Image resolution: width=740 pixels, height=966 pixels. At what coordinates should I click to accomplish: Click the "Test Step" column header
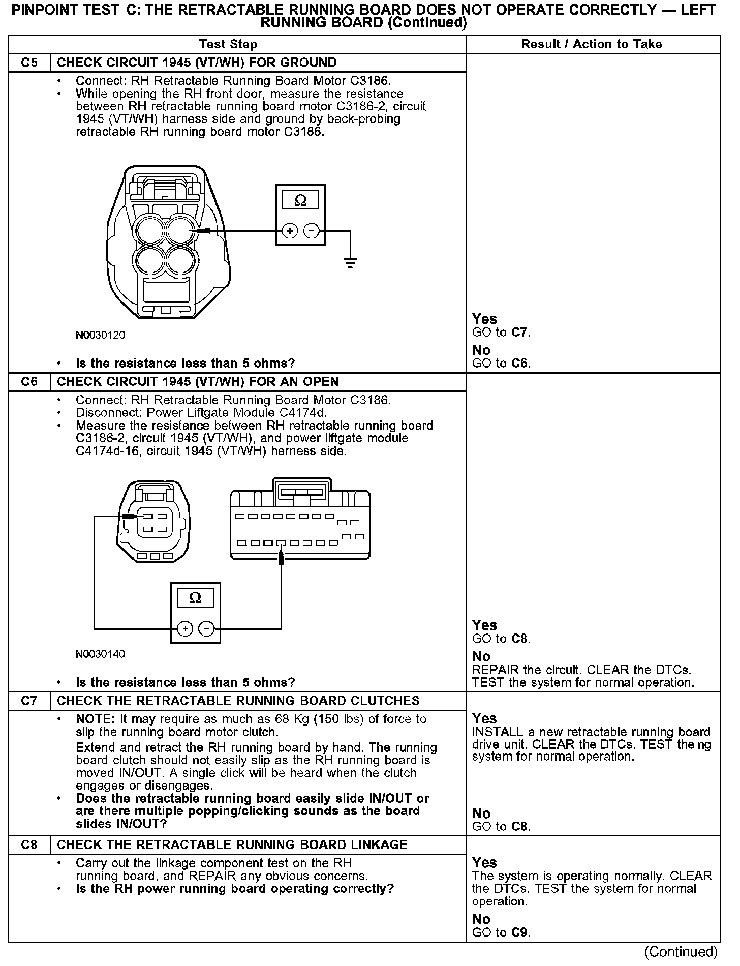pos(228,44)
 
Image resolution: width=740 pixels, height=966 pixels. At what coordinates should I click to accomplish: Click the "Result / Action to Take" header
pos(592,44)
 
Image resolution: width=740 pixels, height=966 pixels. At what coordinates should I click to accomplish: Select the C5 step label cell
pos(29,63)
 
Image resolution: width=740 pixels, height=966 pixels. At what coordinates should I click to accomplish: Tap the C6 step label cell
pos(29,382)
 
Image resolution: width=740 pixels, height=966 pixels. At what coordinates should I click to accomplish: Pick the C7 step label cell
pos(29,701)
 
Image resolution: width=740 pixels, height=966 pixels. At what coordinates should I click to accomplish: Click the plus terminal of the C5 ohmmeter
pos(290,231)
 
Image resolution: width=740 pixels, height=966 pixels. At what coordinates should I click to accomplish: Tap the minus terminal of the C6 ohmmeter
pos(206,629)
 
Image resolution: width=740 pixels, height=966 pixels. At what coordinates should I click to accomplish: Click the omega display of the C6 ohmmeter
pos(195,598)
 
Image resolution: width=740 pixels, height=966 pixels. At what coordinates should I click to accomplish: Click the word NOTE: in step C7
pos(96,719)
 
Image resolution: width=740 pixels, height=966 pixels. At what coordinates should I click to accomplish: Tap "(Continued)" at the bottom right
pos(681,952)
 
